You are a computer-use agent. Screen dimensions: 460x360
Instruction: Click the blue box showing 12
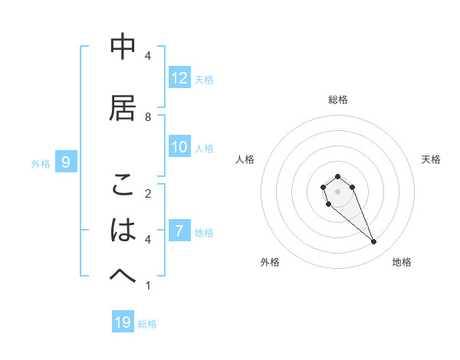179,78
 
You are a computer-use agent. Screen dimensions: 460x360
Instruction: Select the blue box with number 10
179,148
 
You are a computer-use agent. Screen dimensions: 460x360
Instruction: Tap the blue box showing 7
179,232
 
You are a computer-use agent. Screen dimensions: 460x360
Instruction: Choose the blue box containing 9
67,162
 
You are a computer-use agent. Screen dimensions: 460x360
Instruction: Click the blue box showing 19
123,322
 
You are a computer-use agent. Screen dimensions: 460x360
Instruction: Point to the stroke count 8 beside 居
148,116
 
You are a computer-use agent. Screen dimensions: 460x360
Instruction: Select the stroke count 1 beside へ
148,286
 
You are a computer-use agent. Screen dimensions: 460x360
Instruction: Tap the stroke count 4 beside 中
148,55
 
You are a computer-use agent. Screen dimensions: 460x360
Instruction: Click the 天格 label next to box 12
204,79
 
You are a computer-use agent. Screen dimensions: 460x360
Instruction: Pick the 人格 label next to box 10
204,149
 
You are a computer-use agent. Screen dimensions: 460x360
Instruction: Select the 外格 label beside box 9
41,162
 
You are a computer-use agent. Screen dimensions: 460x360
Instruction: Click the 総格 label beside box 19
147,323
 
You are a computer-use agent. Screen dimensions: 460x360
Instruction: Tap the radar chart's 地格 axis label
402,262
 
